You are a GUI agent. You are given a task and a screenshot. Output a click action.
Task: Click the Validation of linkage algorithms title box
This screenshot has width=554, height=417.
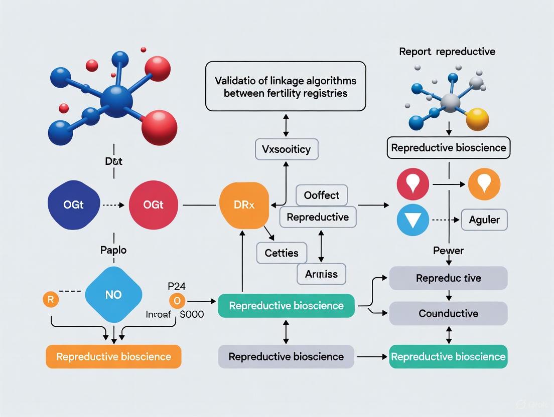click(286, 86)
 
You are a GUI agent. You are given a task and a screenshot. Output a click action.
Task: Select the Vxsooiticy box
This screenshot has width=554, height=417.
click(286, 149)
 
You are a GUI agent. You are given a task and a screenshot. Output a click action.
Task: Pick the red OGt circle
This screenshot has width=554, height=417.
click(153, 205)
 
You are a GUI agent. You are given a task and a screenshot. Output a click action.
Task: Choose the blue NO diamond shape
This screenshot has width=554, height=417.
click(113, 295)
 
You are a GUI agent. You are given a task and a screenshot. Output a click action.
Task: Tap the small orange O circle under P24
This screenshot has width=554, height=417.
click(177, 301)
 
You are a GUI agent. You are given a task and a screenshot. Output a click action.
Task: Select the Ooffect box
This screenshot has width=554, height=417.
click(322, 195)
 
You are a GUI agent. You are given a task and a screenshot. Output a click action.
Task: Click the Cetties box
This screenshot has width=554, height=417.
click(282, 253)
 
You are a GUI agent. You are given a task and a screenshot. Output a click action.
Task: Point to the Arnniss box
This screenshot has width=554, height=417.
click(321, 274)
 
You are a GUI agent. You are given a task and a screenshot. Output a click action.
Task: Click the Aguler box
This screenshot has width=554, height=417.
click(484, 220)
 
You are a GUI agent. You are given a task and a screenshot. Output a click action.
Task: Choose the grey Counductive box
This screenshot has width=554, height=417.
click(448, 314)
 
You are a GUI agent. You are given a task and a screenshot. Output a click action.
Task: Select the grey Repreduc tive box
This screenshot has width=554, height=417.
click(448, 278)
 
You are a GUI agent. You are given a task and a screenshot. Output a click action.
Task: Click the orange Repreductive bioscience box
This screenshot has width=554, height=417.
click(113, 357)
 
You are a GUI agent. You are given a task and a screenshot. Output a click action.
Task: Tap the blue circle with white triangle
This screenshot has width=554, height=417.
click(412, 220)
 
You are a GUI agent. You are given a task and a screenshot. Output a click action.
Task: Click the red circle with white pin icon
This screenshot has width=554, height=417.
click(412, 184)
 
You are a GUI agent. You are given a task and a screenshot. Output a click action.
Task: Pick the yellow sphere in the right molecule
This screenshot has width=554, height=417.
click(477, 119)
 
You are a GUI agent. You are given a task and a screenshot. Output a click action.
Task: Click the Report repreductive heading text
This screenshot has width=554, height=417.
click(447, 52)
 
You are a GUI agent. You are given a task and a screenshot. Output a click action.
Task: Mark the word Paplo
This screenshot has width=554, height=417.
click(113, 249)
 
